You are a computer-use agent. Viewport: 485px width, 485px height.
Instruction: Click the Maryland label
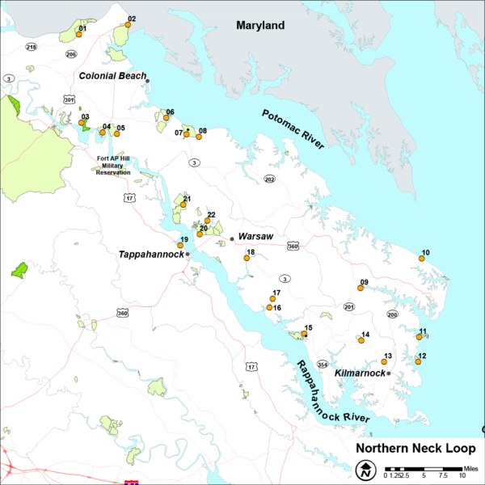[260, 26]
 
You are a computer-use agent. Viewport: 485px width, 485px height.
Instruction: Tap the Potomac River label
[292, 129]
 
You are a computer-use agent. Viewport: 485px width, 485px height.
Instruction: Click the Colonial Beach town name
[112, 76]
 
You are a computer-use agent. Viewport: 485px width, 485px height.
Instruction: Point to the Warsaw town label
[256, 237]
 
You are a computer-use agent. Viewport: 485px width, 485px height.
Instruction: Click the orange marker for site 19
[180, 246]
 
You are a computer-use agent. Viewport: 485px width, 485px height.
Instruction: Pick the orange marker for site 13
[384, 362]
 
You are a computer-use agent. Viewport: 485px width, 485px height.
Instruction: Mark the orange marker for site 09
[361, 288]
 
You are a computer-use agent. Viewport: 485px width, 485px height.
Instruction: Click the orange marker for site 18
[247, 259]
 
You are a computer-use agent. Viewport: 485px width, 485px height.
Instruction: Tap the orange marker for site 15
[304, 334]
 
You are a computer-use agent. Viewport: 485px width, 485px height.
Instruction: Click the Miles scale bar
[424, 469]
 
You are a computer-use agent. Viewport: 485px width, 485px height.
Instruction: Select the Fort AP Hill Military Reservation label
[113, 165]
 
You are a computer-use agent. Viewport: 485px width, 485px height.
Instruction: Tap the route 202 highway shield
[269, 179]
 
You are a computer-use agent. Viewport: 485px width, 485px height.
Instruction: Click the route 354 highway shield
[323, 364]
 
